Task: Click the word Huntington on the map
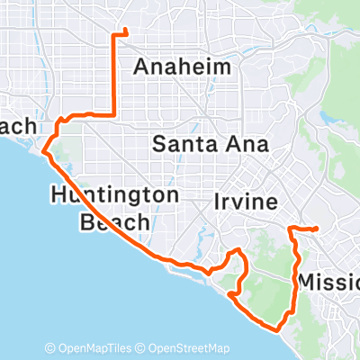click(x=115, y=194)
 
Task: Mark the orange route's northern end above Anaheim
click(x=124, y=33)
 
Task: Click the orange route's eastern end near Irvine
click(x=318, y=229)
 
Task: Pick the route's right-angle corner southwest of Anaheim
click(x=114, y=113)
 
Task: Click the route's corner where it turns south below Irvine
click(x=291, y=230)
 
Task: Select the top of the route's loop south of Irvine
click(x=236, y=249)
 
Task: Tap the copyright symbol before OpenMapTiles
click(x=49, y=348)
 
